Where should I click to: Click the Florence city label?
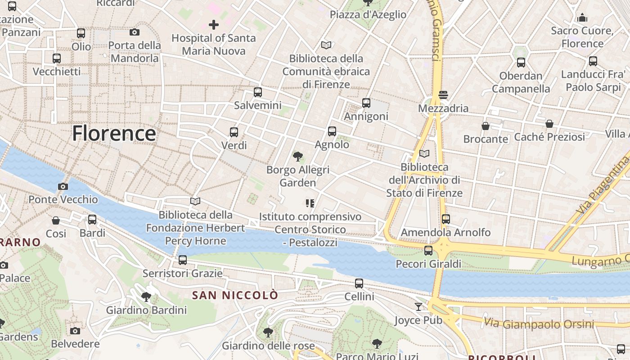(114, 134)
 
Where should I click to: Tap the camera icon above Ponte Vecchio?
(63, 186)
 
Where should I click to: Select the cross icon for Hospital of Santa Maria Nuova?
(214, 25)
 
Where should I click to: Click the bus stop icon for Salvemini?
(258, 92)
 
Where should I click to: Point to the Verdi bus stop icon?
(234, 132)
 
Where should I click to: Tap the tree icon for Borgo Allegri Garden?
(297, 157)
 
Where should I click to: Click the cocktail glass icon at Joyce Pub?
(418, 307)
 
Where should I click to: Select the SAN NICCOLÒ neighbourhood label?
(235, 295)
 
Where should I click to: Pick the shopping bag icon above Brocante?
(486, 126)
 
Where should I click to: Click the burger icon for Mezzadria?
(443, 95)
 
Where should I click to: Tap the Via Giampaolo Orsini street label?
(539, 323)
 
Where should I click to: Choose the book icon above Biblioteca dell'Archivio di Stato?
(424, 154)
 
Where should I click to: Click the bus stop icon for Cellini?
(359, 283)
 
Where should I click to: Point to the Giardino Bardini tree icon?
(146, 297)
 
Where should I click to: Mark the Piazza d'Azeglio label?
(368, 14)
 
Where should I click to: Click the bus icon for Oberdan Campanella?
(521, 63)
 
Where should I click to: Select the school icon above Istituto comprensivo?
(310, 203)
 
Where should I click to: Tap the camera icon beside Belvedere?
(75, 331)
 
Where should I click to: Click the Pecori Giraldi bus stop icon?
(428, 251)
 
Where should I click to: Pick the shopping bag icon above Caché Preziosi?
(549, 124)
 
